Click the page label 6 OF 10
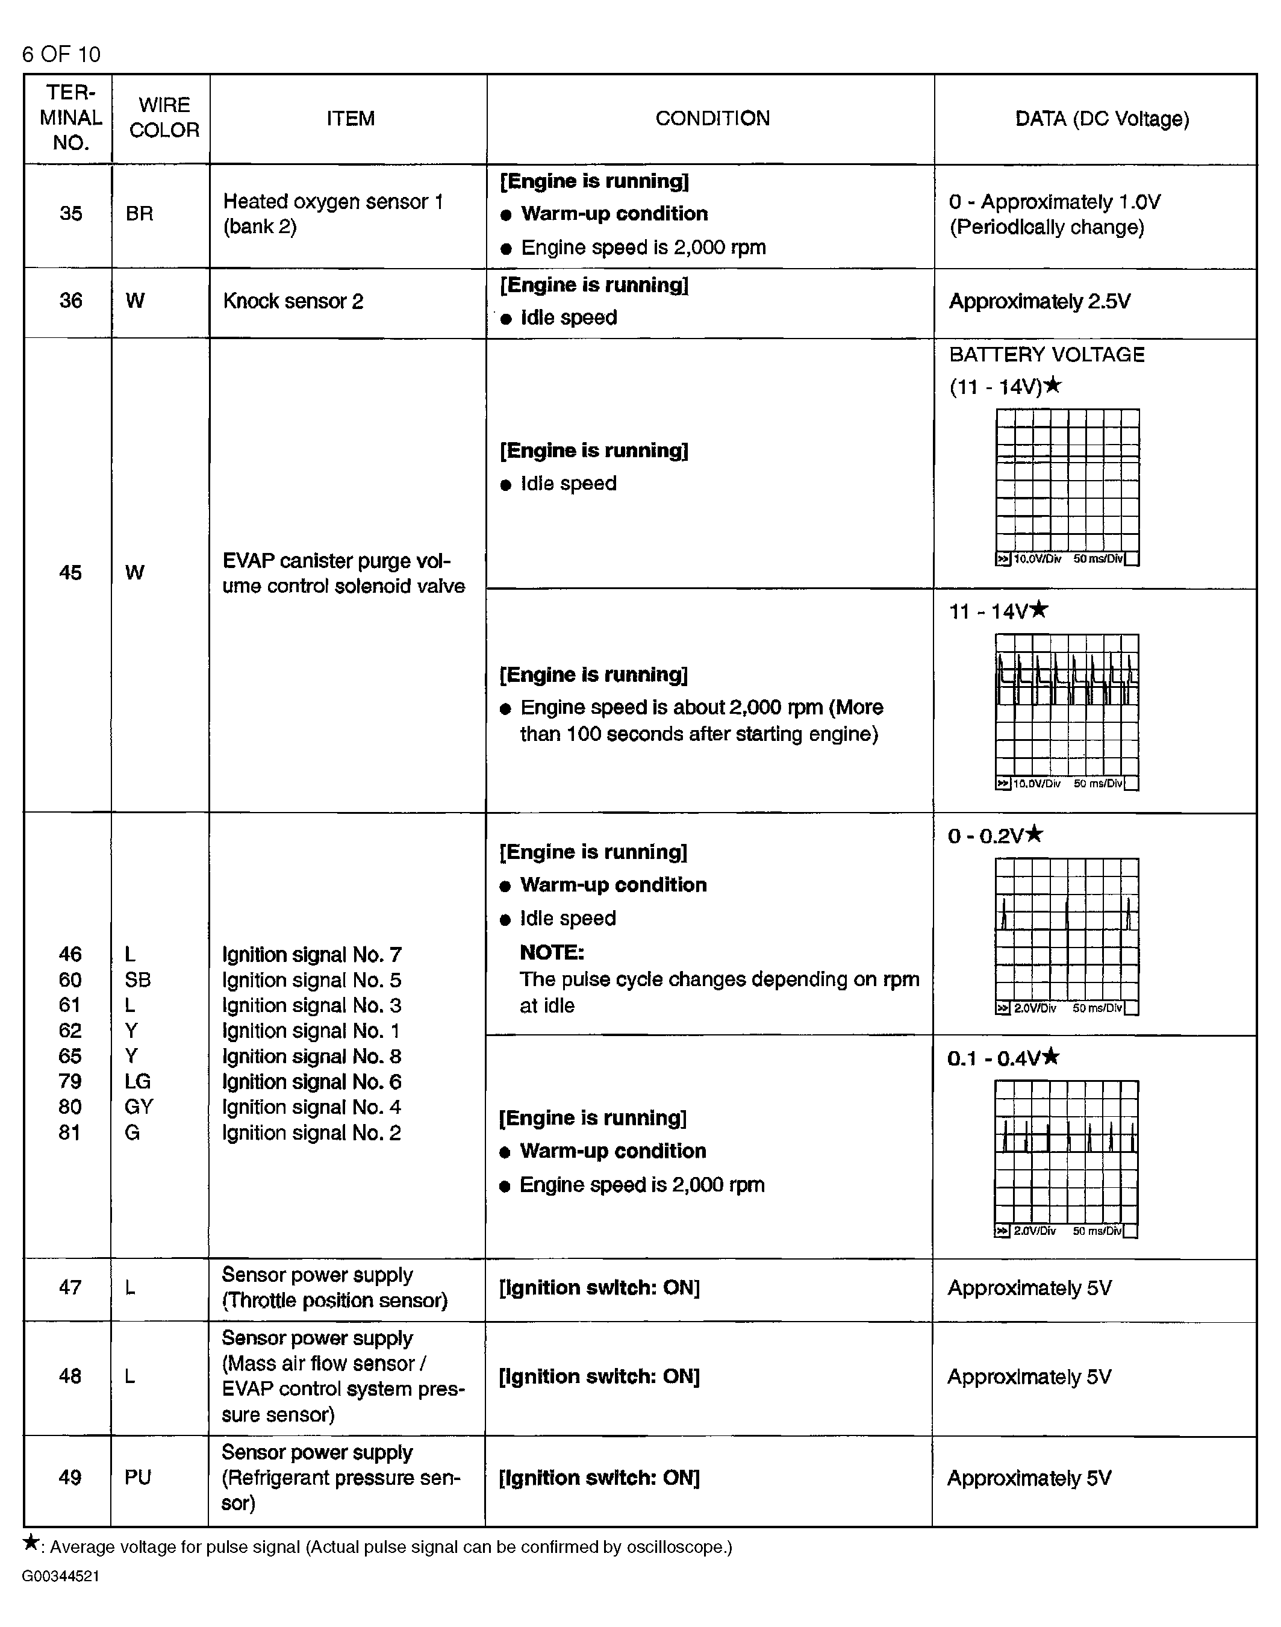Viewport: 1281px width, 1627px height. click(x=61, y=54)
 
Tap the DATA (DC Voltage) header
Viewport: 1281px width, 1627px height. click(x=1101, y=119)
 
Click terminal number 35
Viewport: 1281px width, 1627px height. click(x=70, y=214)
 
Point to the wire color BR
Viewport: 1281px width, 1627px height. click(x=140, y=214)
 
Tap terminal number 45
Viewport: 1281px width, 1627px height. click(x=70, y=573)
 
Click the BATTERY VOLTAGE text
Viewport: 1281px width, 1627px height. click(x=1046, y=355)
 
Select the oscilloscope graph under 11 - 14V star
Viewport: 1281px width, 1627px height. click(x=1067, y=712)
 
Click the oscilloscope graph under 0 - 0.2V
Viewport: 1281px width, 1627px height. click(x=1067, y=936)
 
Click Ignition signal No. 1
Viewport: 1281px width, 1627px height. click(x=311, y=1031)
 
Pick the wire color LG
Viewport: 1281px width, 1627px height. click(x=138, y=1082)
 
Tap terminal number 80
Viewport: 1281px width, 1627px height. click(x=70, y=1107)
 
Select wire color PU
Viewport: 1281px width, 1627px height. click(x=138, y=1478)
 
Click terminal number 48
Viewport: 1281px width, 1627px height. click(x=70, y=1376)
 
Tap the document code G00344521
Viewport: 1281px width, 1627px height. click(x=61, y=1576)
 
